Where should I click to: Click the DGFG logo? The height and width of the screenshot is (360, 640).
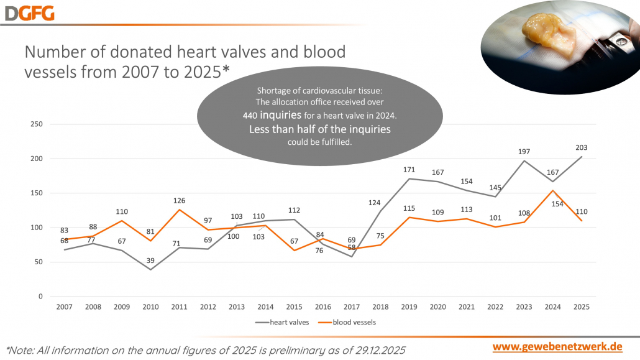(x=30, y=12)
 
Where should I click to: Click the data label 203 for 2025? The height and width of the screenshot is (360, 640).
(x=581, y=148)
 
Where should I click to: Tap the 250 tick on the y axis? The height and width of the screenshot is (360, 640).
(x=37, y=124)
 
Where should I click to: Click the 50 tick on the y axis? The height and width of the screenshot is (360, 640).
(x=39, y=262)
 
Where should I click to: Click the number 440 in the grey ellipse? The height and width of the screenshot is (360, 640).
(x=250, y=115)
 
